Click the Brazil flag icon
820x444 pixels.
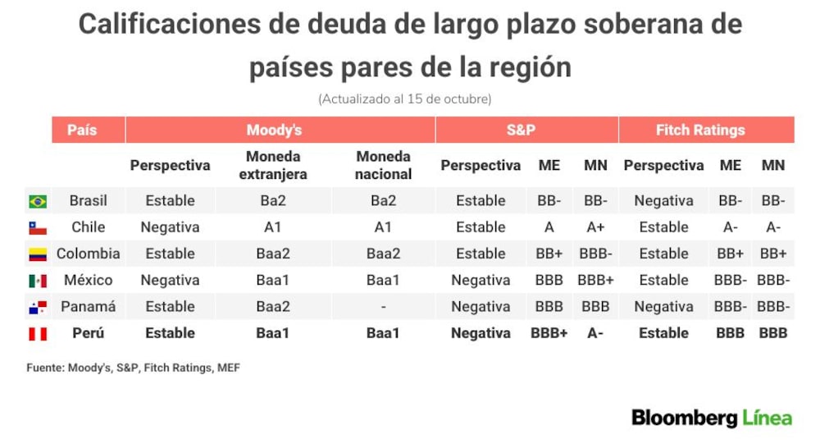[x=38, y=201]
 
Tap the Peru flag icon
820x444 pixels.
[x=38, y=333]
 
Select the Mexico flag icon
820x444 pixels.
[x=38, y=281]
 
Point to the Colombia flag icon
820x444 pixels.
[x=38, y=254]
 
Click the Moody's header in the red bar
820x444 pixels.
[x=274, y=130]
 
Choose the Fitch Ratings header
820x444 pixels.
[x=700, y=130]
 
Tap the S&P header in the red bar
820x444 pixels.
[x=521, y=130]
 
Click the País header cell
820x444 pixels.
[x=82, y=130]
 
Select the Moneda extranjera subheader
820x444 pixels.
[x=273, y=165]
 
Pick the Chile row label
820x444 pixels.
[x=89, y=227]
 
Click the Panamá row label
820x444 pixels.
[x=89, y=306]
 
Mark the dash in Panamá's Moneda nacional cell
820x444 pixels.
[x=383, y=307]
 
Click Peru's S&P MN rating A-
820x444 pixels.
[x=595, y=333]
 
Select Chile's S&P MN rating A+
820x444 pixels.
[x=595, y=227]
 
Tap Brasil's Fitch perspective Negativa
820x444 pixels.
[x=663, y=200]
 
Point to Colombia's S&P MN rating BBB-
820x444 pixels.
[x=595, y=254]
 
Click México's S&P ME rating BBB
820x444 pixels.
[x=549, y=280]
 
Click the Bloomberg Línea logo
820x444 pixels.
[x=712, y=418]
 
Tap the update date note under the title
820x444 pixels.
[x=405, y=99]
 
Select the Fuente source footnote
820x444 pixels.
[x=134, y=368]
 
